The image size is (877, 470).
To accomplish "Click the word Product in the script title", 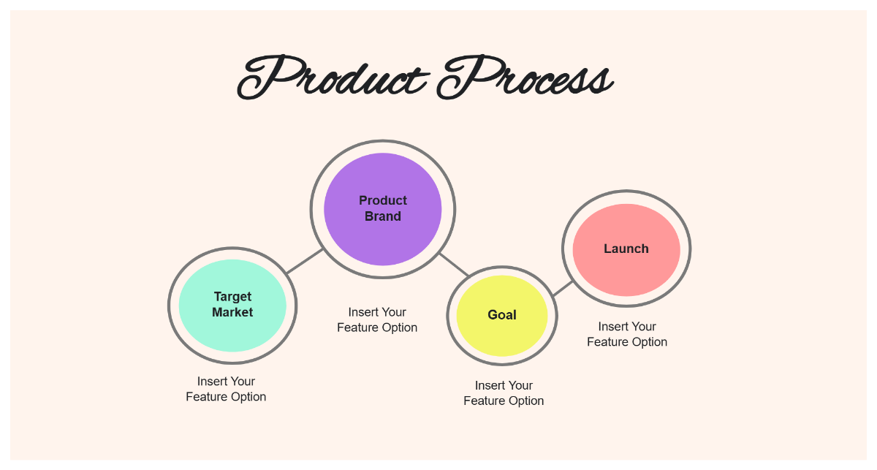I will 333,77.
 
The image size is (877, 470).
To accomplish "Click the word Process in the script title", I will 525,77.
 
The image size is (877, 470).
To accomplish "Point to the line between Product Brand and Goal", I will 454,265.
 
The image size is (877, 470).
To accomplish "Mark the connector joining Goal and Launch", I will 562,289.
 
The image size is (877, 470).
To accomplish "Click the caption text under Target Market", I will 226,389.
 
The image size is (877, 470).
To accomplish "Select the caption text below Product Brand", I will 377,320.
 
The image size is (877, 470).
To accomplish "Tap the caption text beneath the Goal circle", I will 504,393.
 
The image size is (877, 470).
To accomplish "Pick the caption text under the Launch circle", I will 627,334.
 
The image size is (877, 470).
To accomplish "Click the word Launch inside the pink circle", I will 626,249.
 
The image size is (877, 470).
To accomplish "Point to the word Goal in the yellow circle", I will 502,315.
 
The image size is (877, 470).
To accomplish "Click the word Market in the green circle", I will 232,312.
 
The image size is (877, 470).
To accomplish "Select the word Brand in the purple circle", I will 383,216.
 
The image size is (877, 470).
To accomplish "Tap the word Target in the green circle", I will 232,297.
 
